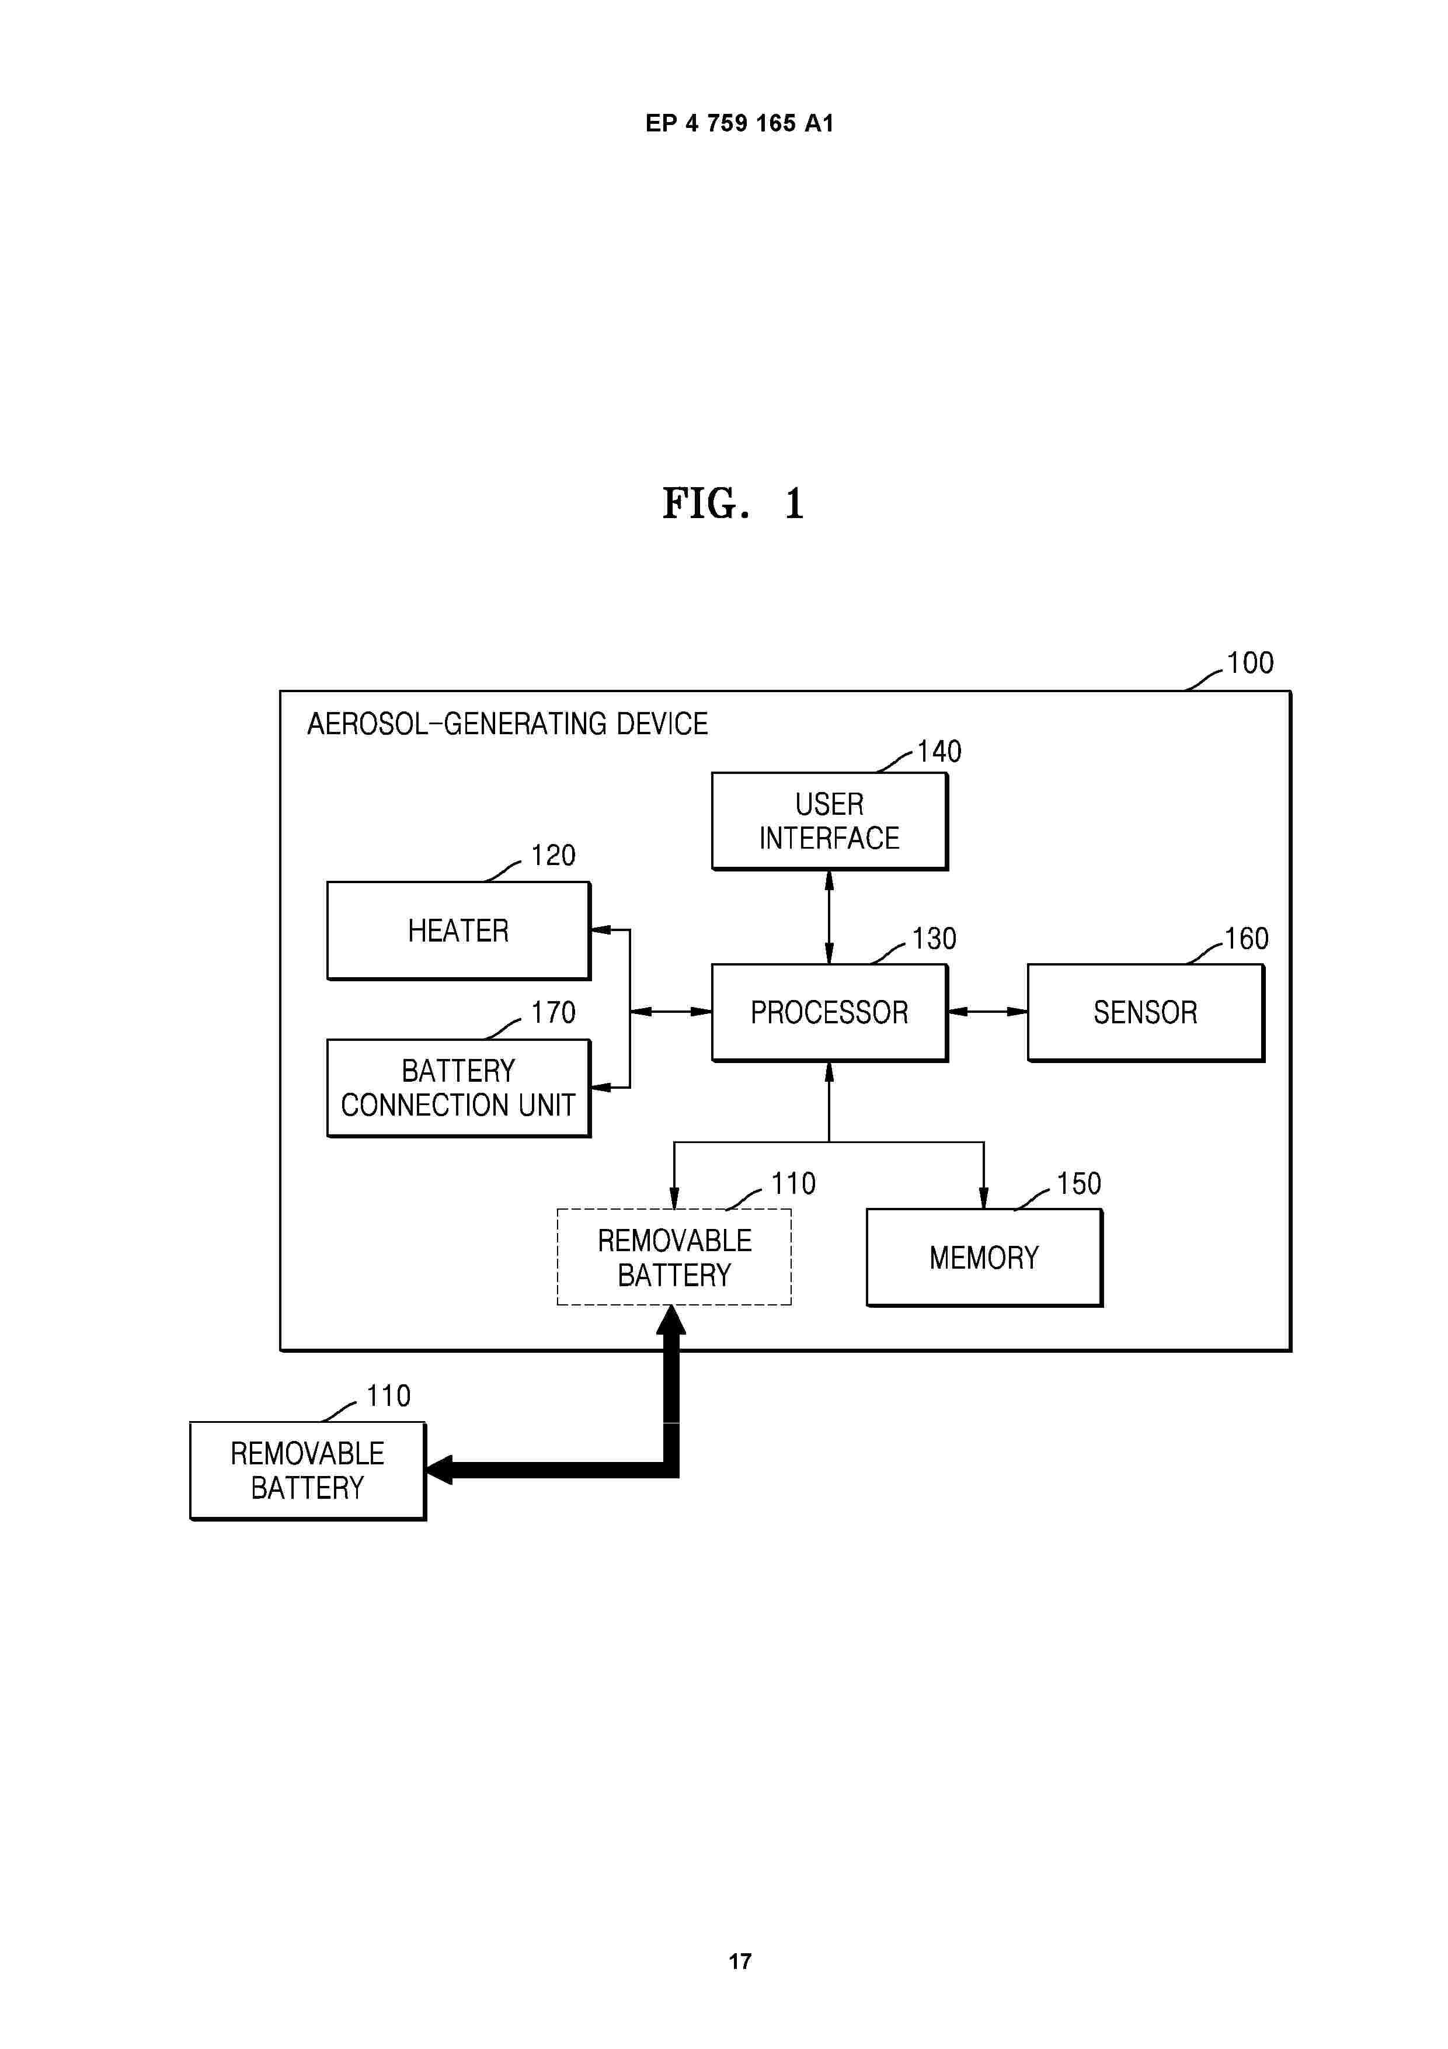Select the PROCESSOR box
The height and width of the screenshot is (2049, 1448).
point(829,1012)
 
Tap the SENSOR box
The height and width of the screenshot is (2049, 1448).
point(1146,1012)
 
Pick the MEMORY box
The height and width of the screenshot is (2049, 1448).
point(984,1258)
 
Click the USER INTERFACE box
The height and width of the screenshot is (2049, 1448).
point(829,821)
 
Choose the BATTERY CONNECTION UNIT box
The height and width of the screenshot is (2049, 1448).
point(458,1088)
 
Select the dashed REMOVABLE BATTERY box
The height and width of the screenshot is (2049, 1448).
point(674,1258)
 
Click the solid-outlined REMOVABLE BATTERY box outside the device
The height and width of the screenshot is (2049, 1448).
point(308,1471)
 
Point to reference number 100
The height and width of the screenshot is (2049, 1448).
point(1250,663)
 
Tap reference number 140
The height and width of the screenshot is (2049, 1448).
point(939,751)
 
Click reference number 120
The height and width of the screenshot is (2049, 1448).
point(553,856)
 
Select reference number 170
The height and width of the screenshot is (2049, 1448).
point(553,1013)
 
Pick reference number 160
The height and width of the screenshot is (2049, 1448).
point(1247,939)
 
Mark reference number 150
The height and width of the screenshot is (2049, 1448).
point(1078,1184)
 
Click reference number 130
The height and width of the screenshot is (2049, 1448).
point(934,939)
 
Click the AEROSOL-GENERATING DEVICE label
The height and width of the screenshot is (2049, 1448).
point(507,724)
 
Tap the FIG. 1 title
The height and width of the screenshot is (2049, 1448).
point(733,503)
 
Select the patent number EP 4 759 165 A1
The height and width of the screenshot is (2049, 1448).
point(740,123)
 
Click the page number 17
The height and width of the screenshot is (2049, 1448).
point(740,1961)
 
